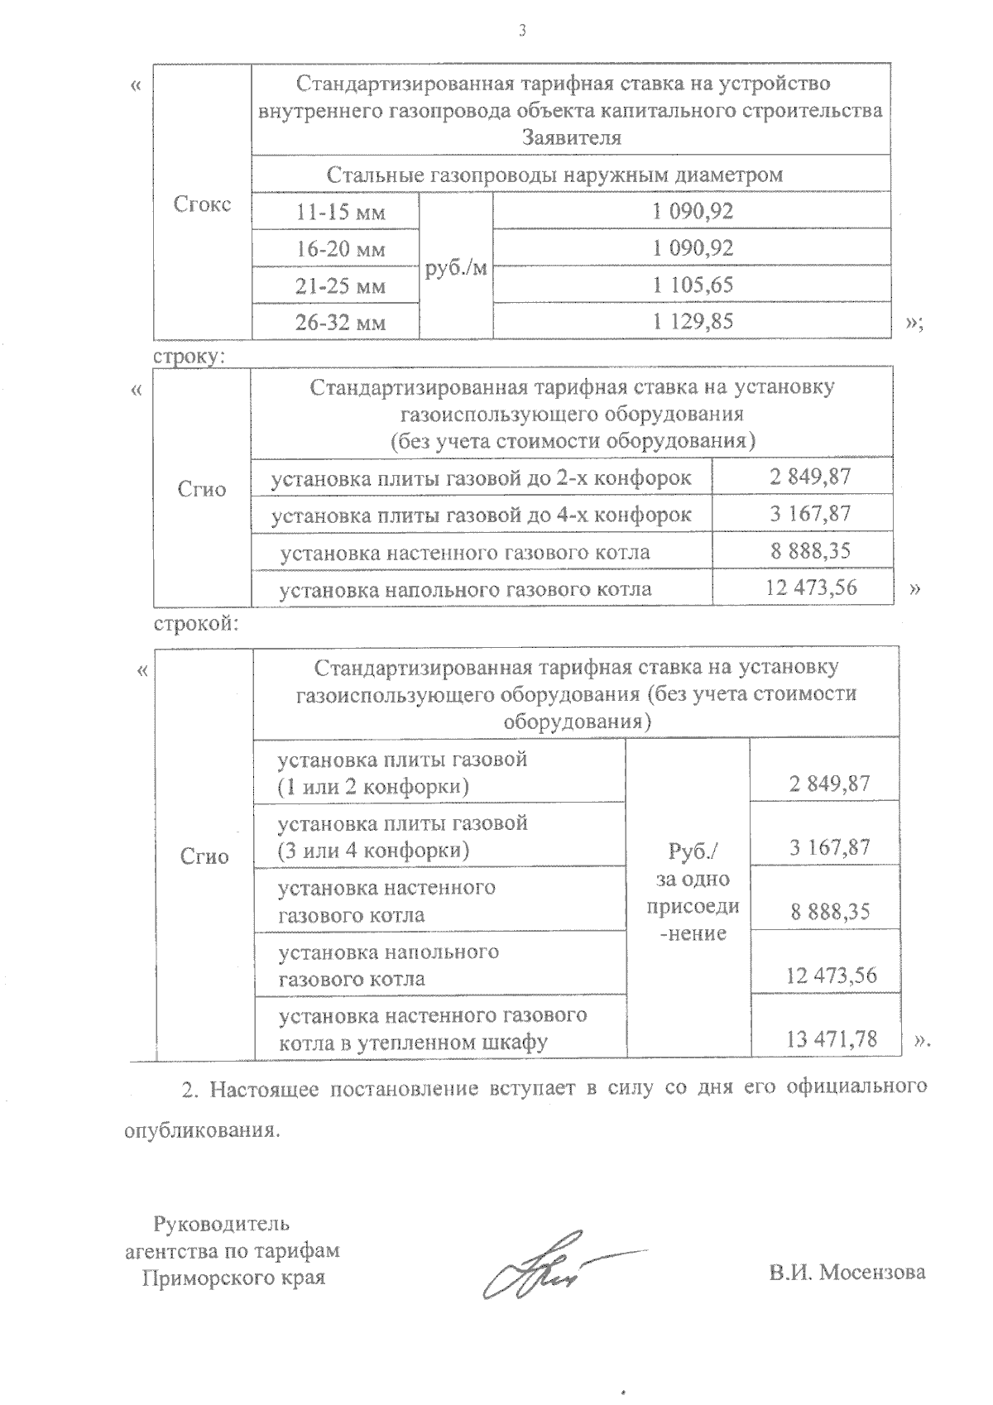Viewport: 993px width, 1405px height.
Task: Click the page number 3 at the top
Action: pyautogui.click(x=521, y=31)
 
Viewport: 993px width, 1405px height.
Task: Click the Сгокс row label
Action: pyautogui.click(x=203, y=204)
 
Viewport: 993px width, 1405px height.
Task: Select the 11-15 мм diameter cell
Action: pyautogui.click(x=341, y=212)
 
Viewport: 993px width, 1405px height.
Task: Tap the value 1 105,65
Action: pyautogui.click(x=693, y=285)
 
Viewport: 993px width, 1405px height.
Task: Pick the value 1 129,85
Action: pyautogui.click(x=693, y=321)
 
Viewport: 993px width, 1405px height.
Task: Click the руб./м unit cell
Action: pyautogui.click(x=456, y=267)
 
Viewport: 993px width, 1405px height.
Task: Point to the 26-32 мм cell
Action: pyautogui.click(x=341, y=323)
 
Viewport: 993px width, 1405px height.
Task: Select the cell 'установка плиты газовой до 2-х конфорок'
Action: pyautogui.click(x=481, y=477)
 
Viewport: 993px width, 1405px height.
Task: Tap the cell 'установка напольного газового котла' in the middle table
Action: pyautogui.click(x=466, y=589)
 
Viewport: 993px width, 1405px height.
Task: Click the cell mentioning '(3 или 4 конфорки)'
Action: pyautogui.click(x=403, y=837)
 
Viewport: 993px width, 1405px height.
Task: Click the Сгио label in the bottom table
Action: pyautogui.click(x=204, y=856)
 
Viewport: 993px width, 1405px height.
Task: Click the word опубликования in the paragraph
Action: pyautogui.click(x=199, y=1130)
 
